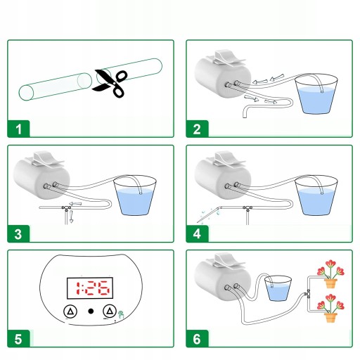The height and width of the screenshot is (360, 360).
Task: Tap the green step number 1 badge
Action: click(18, 129)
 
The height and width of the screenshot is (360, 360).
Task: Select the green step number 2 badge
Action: click(197, 129)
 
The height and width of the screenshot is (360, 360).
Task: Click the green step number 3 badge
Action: click(18, 233)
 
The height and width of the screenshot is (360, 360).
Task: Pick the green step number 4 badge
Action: click(197, 233)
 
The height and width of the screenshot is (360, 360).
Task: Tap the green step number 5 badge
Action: click(18, 339)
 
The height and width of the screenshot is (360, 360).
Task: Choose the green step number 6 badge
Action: click(197, 339)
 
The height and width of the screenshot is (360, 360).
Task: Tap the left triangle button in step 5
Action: click(70, 311)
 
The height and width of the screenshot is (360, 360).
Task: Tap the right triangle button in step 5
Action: click(110, 311)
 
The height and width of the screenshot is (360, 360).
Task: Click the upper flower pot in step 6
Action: click(330, 283)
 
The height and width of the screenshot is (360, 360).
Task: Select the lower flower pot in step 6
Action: click(330, 318)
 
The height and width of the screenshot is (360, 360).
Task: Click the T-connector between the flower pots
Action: click(307, 294)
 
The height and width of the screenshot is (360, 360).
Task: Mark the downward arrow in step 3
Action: click(72, 217)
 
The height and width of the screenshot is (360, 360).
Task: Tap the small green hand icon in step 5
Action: click(121, 314)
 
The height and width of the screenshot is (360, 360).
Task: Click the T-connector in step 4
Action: click(247, 208)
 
